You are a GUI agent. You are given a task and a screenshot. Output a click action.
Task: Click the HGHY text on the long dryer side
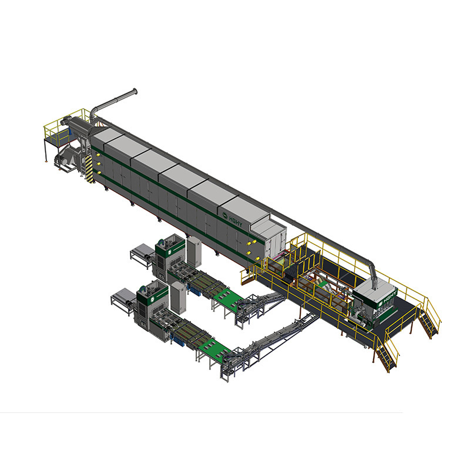(236, 221)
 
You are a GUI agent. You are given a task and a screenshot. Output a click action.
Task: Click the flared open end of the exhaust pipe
(135, 91)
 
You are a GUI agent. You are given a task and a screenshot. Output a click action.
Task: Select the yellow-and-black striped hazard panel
(89, 169)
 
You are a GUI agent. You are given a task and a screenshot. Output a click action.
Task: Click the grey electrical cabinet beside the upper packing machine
(194, 252)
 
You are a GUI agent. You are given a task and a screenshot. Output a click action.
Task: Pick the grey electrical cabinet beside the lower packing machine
(178, 298)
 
